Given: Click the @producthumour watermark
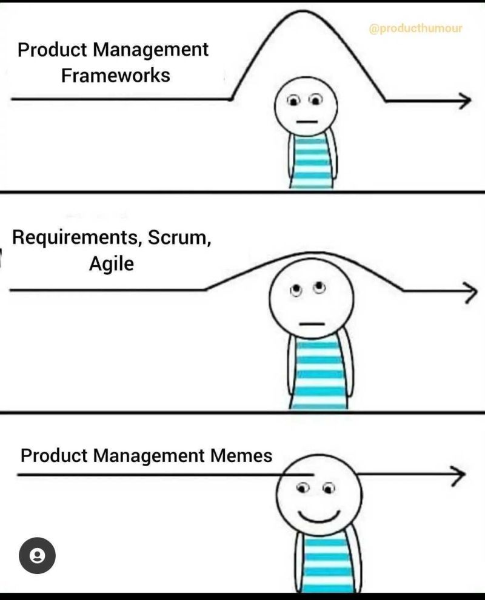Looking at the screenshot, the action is (415, 28).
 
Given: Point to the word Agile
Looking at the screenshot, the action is (111, 264).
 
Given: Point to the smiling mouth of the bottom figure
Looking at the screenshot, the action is (319, 516).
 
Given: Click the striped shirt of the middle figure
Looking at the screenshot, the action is (318, 372).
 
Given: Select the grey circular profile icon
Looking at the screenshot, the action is (37, 555).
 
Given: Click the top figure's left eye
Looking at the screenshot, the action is (293, 99).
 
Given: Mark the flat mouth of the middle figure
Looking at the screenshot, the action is (312, 324).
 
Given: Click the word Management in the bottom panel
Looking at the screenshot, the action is (147, 455).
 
